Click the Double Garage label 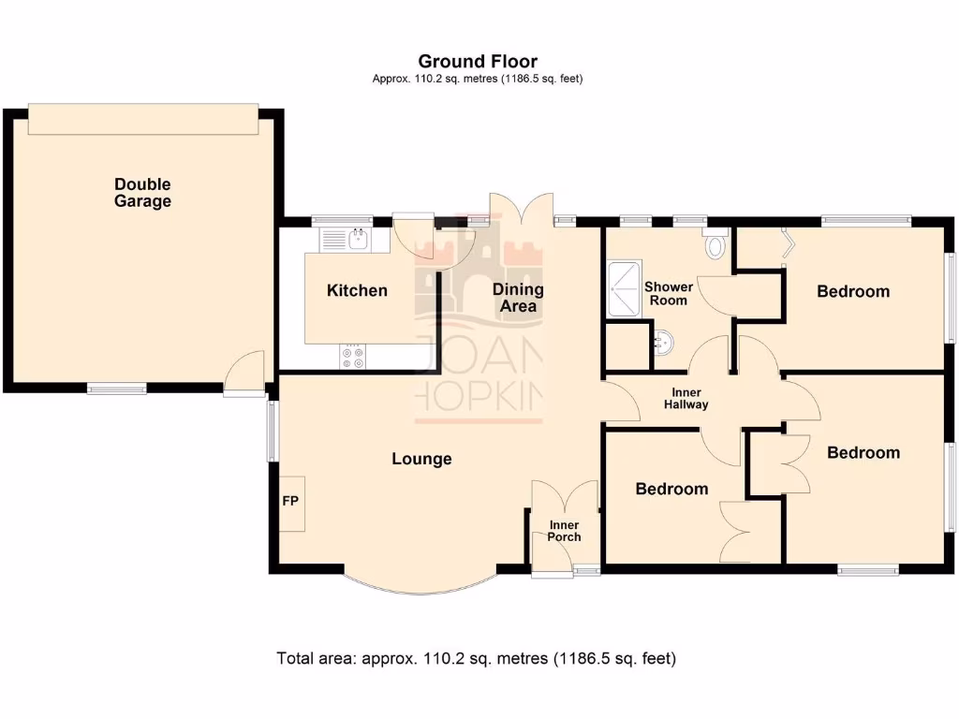point(142,193)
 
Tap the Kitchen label point(357,290)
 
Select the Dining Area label point(518,298)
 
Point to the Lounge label point(421,459)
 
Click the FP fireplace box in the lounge point(290,502)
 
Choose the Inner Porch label point(564,531)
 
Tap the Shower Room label point(668,293)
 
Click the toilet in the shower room point(716,244)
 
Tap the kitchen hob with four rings point(354,357)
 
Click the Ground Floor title point(478,63)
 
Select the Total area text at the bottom point(476,658)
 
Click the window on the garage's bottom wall point(117,388)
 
